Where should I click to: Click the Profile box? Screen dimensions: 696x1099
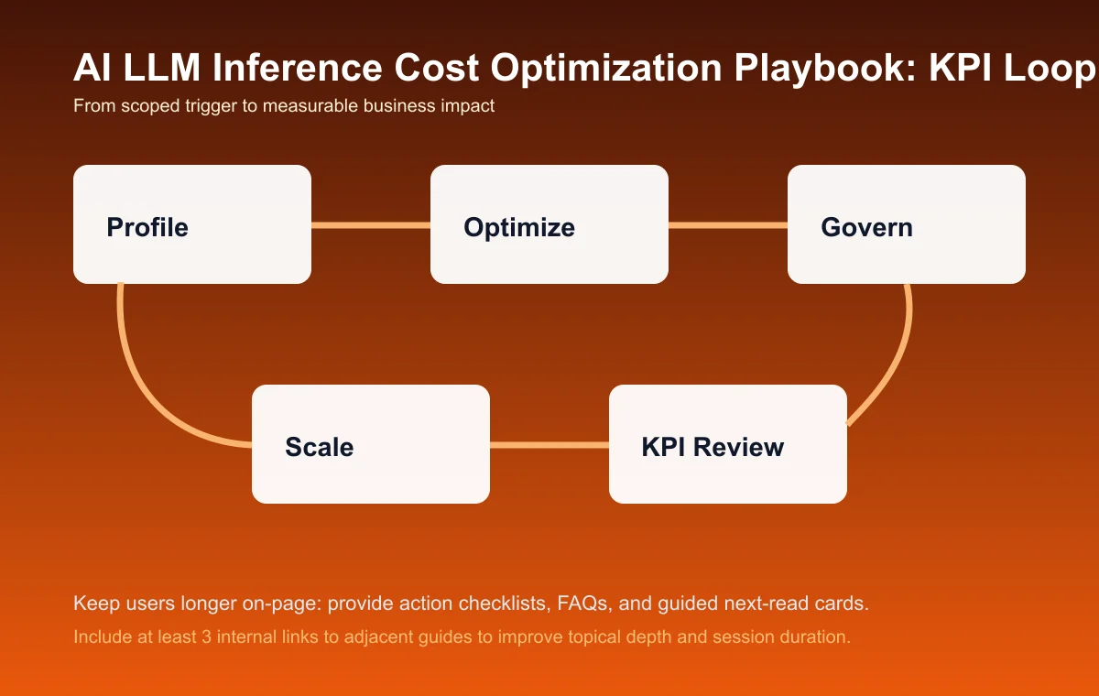(192, 224)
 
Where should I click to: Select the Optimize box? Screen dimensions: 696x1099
(549, 224)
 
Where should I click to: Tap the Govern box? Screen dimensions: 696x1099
(907, 224)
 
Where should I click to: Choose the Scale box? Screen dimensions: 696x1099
(371, 444)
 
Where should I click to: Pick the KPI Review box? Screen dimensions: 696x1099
(728, 444)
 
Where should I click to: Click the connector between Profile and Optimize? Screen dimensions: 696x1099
(371, 224)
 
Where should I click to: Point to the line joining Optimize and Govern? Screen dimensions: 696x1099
(728, 224)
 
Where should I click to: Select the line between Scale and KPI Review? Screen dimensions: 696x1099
(549, 445)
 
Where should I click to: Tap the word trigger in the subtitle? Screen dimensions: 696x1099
(232, 106)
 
